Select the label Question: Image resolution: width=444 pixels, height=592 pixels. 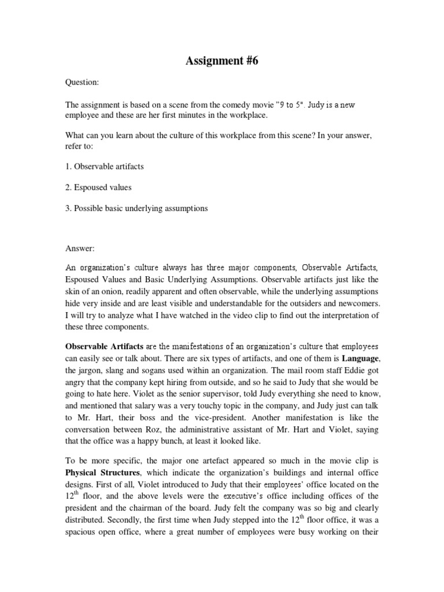click(82, 83)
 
